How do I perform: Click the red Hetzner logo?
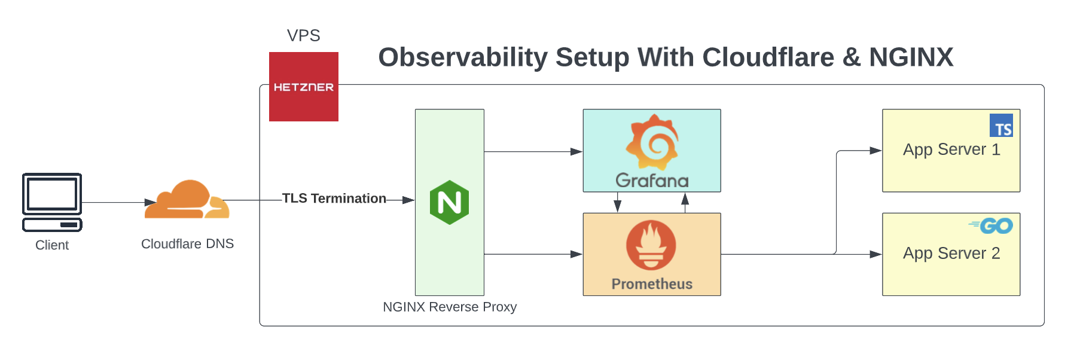click(x=303, y=87)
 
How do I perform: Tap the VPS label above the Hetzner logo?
click(x=303, y=36)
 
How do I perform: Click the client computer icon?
click(x=52, y=202)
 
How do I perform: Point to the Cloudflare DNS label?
click(x=187, y=244)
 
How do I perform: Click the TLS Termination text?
click(x=334, y=199)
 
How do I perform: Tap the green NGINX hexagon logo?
click(x=449, y=202)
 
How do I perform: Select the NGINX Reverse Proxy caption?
click(x=449, y=307)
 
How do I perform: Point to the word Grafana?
click(x=652, y=181)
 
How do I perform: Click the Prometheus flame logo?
click(x=651, y=245)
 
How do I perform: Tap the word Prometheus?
click(x=652, y=284)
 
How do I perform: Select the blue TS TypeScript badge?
click(x=1001, y=126)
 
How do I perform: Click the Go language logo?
click(x=992, y=225)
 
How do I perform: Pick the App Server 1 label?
click(x=951, y=150)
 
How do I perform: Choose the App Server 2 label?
click(x=951, y=254)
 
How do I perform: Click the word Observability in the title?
click(x=463, y=57)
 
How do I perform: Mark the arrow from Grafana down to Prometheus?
click(x=618, y=203)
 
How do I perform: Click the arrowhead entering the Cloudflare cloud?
click(x=150, y=203)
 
